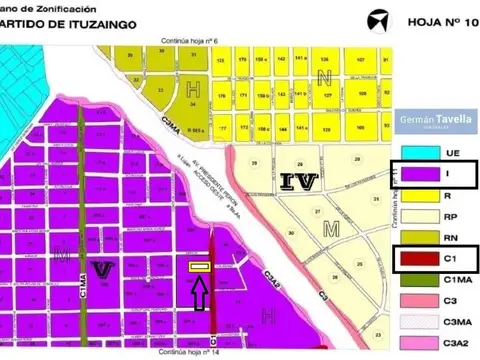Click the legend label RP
point(456,216)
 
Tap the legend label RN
point(456,238)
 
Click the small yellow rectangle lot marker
point(199,267)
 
